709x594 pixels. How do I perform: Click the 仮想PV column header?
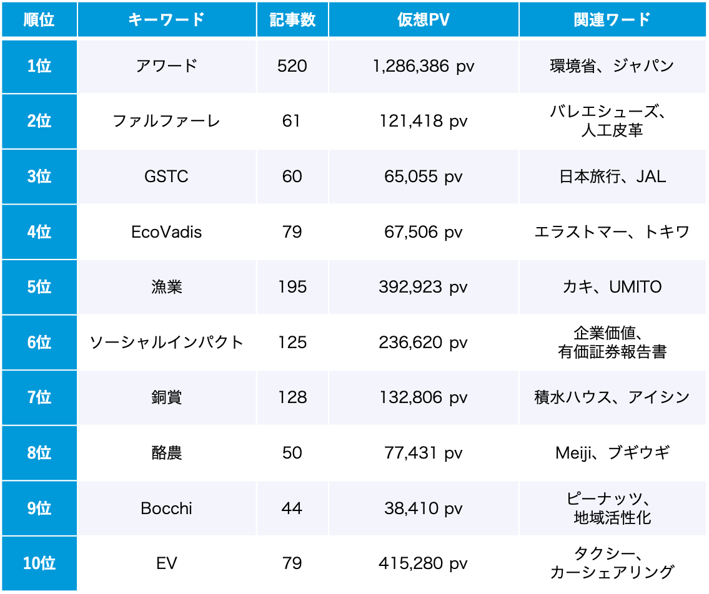423,19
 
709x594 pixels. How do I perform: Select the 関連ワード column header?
612,19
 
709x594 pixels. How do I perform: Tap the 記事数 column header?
292,19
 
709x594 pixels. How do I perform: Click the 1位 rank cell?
39,66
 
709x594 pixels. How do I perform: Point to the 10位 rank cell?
39,563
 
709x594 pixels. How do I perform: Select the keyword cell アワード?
167,66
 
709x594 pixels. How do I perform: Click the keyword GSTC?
166,177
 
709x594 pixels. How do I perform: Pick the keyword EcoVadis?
167,232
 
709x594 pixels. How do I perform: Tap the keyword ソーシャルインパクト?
167,343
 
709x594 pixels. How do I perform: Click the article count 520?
292,66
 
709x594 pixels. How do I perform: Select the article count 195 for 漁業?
292,287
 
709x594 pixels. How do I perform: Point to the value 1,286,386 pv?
423,66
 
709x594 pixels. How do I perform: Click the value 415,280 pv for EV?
423,563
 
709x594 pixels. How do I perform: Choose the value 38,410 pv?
423,509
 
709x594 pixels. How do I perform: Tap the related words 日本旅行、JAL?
612,177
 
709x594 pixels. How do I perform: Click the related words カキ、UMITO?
612,287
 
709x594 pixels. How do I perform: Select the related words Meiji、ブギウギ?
612,453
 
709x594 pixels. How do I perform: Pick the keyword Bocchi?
166,509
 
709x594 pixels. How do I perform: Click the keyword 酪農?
167,453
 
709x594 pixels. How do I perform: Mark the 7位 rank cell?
39,397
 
